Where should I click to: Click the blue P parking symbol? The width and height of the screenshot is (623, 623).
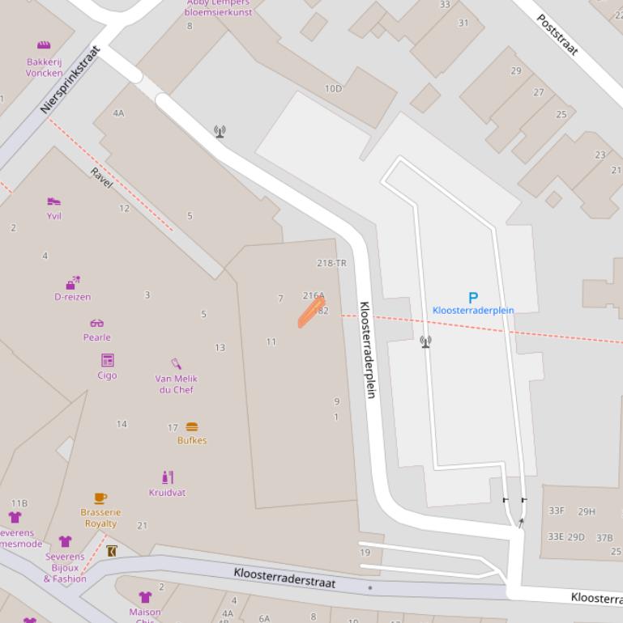tap(473, 298)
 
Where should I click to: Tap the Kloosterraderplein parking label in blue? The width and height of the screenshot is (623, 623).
tap(473, 310)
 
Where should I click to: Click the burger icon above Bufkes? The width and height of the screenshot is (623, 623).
tap(192, 427)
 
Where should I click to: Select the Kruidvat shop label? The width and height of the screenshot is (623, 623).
tap(167, 493)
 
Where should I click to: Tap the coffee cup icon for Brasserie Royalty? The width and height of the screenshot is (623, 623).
tap(100, 498)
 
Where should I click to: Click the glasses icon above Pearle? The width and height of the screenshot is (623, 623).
tap(96, 324)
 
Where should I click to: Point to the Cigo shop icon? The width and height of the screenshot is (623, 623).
tap(107, 360)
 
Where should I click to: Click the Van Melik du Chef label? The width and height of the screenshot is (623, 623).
tap(176, 384)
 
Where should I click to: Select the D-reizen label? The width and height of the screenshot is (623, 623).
tap(73, 297)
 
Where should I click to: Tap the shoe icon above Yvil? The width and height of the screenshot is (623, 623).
tap(53, 201)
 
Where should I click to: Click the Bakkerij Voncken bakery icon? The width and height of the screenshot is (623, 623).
tap(44, 45)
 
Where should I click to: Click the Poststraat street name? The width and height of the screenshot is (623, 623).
tap(557, 34)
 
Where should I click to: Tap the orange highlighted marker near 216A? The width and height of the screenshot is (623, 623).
tap(311, 312)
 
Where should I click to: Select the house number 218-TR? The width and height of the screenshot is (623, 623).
tap(331, 264)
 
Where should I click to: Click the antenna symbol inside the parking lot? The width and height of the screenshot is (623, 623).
tap(425, 342)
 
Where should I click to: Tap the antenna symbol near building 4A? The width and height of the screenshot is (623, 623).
tap(220, 131)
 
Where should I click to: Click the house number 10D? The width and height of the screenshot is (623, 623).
tap(333, 88)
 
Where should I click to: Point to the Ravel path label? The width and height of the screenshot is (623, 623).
tap(101, 177)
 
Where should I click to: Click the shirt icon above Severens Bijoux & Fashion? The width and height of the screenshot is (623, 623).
tap(66, 541)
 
